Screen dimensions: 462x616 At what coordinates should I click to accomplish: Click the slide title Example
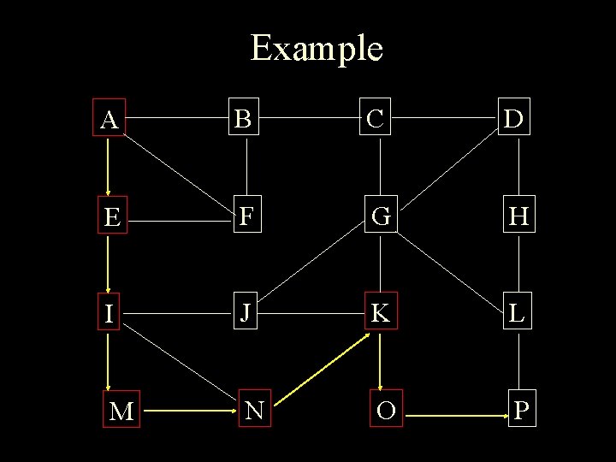click(316, 48)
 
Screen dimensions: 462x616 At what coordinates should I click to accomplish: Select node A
click(109, 120)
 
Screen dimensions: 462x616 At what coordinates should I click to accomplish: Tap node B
click(245, 120)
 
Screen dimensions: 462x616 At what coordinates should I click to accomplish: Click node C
click(380, 120)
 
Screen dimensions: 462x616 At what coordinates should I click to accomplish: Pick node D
click(516, 120)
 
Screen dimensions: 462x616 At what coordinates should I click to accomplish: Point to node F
click(246, 217)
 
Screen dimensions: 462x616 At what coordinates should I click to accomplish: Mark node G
click(381, 217)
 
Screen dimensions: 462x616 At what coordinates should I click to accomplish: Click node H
click(517, 218)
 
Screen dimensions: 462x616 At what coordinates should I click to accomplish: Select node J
click(246, 314)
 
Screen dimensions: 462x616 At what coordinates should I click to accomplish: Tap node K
click(381, 314)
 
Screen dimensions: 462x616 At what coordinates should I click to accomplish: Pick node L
click(517, 314)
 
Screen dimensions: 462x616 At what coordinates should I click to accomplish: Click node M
click(121, 412)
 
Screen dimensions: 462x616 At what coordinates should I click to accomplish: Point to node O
click(386, 412)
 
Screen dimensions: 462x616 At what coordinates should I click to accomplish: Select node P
click(522, 411)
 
